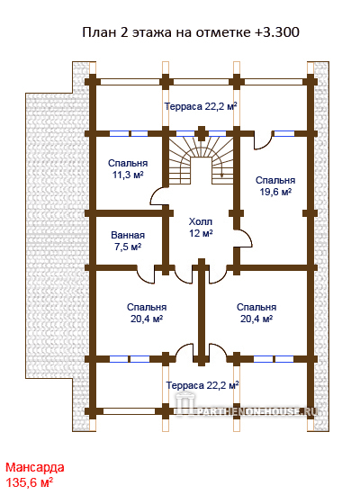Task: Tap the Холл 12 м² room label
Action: [201, 228]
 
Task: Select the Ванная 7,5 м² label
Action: [128, 241]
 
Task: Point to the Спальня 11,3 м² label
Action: [128, 169]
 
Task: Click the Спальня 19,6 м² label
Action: [275, 186]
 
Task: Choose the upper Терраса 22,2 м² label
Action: [201, 106]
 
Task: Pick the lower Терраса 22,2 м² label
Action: [202, 385]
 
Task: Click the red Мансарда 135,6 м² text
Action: [35, 474]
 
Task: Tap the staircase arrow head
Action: [222, 175]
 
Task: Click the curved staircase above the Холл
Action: [201, 161]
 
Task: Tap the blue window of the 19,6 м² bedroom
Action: [284, 133]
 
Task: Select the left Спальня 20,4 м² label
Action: [147, 313]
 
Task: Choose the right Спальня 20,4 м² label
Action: [256, 313]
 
